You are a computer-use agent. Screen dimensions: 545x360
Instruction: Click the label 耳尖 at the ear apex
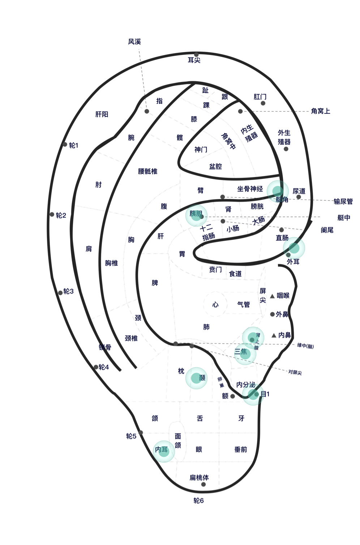(194, 60)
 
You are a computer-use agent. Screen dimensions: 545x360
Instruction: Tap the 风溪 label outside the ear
(134, 42)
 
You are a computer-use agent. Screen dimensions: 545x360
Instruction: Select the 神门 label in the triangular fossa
(201, 150)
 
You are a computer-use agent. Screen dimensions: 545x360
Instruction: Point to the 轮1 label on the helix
(73, 145)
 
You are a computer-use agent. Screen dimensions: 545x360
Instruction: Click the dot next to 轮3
(60, 293)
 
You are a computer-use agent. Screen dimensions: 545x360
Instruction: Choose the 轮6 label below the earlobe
(198, 501)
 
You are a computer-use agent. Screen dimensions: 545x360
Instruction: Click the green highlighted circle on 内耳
(164, 451)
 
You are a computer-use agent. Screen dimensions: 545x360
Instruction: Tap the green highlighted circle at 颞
(196, 378)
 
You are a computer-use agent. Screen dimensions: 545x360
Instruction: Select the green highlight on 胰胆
(196, 215)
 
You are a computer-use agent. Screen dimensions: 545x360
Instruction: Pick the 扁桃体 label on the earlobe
(199, 477)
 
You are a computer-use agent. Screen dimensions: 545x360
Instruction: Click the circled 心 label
(215, 305)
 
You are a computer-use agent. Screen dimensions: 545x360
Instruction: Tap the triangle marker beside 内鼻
(274, 335)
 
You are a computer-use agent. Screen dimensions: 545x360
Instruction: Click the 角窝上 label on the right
(321, 111)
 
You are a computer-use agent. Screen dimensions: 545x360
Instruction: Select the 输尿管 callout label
(343, 201)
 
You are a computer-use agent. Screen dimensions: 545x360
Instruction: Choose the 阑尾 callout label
(327, 230)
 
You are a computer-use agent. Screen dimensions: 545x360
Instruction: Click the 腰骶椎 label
(147, 171)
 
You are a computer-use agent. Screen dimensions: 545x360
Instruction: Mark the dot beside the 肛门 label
(263, 103)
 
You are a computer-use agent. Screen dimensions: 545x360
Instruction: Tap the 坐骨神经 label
(250, 189)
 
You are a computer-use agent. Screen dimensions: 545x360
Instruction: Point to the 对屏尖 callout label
(295, 372)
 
